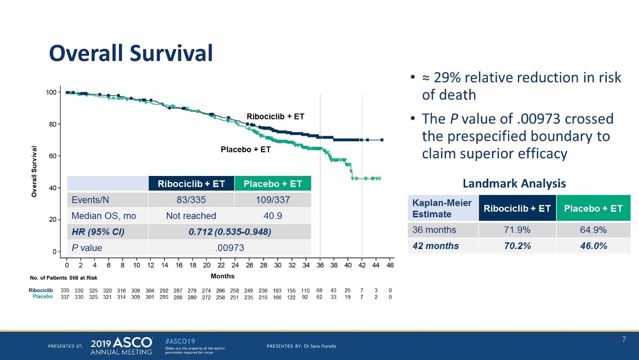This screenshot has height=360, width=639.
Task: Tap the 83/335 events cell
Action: click(191, 200)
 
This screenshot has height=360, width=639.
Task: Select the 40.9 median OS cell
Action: click(273, 216)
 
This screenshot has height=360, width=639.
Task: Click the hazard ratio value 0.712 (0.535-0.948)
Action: click(229, 231)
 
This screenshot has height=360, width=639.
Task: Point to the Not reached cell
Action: click(191, 216)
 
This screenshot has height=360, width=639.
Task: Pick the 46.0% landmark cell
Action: click(593, 246)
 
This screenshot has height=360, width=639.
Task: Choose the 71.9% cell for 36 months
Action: click(518, 230)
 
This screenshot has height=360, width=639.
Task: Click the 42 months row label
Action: click(435, 246)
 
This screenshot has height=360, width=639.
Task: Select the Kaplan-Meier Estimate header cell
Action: click(442, 208)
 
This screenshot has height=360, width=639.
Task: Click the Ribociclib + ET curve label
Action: click(275, 116)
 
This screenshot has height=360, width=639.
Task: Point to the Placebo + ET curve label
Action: click(245, 149)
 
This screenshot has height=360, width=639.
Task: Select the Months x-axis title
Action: click(222, 276)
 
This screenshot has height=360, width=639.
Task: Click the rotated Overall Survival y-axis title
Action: click(34, 171)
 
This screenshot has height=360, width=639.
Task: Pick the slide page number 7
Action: click(623, 339)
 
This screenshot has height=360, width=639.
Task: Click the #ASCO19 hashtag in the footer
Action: click(180, 341)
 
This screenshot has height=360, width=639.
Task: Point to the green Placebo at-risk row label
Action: click(42, 296)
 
